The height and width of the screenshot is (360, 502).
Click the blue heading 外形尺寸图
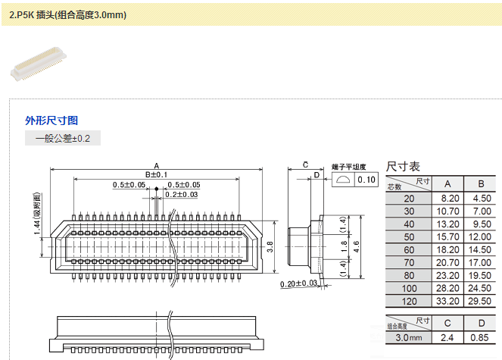pos(51,121)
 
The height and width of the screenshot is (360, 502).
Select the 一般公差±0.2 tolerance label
pos(63,139)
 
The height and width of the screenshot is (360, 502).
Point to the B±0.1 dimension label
pos(156,175)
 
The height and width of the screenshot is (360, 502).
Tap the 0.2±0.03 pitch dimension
pos(182,195)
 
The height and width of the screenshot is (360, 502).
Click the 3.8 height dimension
pos(270,246)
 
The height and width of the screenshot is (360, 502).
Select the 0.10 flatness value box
pos(366,180)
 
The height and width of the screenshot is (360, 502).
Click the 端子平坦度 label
pos(348,167)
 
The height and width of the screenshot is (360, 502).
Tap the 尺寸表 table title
pos(403,166)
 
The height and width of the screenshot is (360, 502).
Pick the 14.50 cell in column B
pos(480,249)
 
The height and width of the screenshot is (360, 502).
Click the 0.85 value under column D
pos(480,337)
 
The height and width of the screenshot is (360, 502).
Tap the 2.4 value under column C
pos(447,337)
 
